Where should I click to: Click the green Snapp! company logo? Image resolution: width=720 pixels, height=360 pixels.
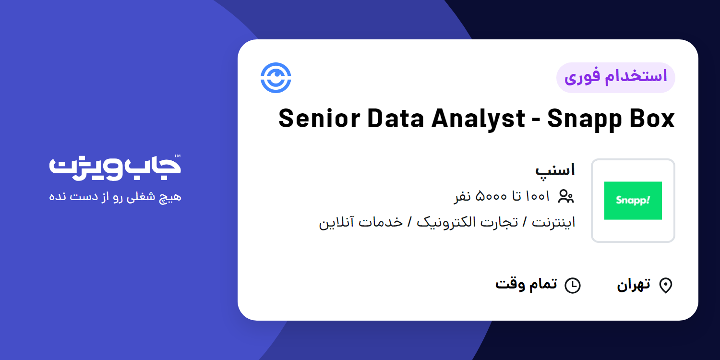click(x=633, y=201)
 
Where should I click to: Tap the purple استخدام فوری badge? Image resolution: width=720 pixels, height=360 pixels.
click(x=615, y=77)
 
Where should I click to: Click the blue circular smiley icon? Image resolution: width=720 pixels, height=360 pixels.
click(x=276, y=78)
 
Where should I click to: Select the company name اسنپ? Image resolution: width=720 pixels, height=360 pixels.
click(x=555, y=170)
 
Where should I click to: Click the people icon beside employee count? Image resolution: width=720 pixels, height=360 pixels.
click(x=566, y=196)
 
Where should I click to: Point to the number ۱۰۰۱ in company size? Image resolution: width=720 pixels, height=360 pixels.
click(x=538, y=196)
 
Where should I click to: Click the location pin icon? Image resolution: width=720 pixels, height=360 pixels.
click(x=665, y=286)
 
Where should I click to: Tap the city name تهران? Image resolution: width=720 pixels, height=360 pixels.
click(x=634, y=285)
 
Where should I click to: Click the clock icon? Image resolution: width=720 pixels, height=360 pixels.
click(x=572, y=286)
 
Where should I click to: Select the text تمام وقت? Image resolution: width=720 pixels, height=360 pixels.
click(x=526, y=284)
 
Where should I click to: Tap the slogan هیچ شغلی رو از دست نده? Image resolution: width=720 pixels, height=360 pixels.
click(x=115, y=197)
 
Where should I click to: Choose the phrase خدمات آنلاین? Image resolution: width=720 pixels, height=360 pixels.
click(x=360, y=222)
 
